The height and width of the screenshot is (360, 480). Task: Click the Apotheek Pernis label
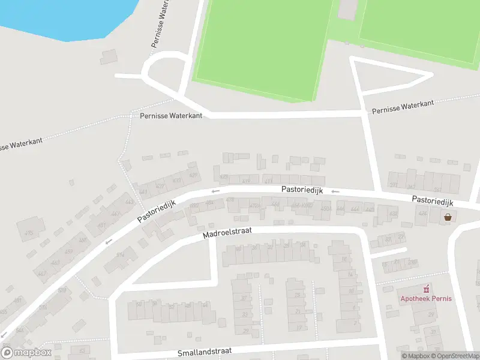point(427,299)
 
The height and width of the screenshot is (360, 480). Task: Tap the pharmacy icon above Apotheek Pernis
point(427,289)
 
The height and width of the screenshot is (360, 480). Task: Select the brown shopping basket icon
point(448,217)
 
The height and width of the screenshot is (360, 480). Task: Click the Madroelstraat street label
point(227,233)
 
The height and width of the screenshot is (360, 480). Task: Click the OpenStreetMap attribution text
point(458,356)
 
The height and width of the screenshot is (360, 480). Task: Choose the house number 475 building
point(28,233)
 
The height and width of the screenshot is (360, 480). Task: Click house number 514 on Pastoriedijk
point(120,255)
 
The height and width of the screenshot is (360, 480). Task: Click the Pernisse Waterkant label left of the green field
point(171,115)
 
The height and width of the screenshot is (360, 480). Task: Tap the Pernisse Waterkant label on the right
point(403,107)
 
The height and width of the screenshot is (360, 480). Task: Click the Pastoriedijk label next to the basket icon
point(433,200)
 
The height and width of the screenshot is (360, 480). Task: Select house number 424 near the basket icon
point(422,214)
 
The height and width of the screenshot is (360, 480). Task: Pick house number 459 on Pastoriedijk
point(68,251)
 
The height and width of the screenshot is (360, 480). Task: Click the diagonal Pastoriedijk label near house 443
point(156,211)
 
